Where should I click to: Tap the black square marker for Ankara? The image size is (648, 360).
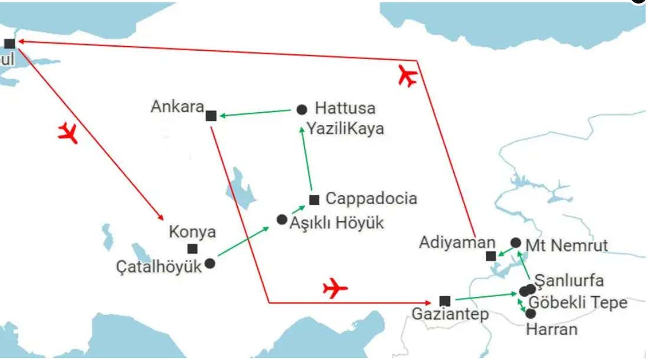211,116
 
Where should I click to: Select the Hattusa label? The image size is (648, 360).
345,109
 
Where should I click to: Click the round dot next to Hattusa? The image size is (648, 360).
302,109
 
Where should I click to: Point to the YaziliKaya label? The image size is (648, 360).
345,129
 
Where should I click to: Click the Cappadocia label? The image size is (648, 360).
371,198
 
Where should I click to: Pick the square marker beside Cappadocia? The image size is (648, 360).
314,200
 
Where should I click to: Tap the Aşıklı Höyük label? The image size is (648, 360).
336,223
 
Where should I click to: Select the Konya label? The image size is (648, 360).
192,232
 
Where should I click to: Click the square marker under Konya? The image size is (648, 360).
192,249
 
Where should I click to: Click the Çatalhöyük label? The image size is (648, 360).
159,267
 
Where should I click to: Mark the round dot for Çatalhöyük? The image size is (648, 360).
210,263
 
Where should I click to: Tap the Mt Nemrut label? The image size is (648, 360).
566,246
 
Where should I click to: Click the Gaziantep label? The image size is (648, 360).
450,315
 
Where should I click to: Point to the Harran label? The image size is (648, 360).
551,329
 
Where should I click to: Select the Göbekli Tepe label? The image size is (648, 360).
578,303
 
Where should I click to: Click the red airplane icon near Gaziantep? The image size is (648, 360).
335,289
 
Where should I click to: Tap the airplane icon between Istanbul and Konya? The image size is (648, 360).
68,133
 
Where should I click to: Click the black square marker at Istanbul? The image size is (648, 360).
9,44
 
